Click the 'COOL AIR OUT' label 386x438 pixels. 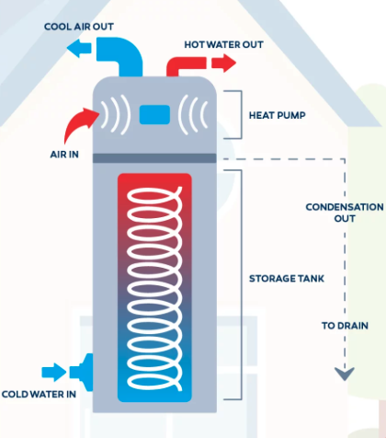point(79,27)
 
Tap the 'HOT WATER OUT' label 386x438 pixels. point(223,45)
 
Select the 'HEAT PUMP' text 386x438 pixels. point(278,115)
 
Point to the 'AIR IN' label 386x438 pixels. point(64,155)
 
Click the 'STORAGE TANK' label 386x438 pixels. point(287,279)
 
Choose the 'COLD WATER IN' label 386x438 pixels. point(39,394)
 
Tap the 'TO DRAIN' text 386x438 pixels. point(345,326)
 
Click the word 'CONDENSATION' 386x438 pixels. point(345,207)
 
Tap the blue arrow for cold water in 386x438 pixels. point(54,373)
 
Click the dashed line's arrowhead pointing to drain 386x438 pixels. point(345,374)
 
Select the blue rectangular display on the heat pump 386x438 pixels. point(154,115)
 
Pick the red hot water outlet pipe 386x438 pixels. point(186,65)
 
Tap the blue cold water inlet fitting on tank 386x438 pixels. point(82,373)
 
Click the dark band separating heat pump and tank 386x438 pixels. point(154,158)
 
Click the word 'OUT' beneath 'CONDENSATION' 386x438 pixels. point(345,219)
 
